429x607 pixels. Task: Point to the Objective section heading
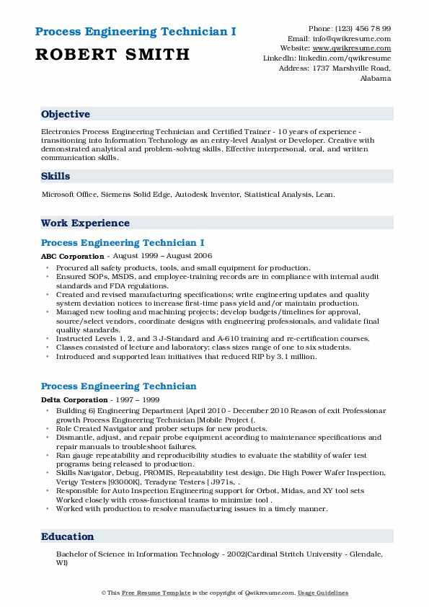coord(66,115)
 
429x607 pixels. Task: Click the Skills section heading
coord(56,176)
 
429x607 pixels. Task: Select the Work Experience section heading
coord(85,223)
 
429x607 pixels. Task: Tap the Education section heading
coord(68,536)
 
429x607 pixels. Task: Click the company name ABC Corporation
coord(73,256)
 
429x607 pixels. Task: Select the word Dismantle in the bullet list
coord(75,437)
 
